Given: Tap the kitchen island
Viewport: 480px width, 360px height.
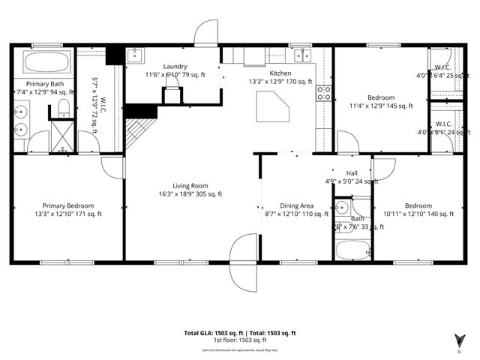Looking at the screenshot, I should pyautogui.click(x=272, y=106).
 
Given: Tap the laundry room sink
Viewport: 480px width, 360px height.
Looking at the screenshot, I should pyautogui.click(x=136, y=55).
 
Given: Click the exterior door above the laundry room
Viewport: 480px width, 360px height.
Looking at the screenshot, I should pyautogui.click(x=205, y=32).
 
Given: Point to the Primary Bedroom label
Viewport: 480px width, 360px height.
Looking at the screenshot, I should pyautogui.click(x=68, y=205).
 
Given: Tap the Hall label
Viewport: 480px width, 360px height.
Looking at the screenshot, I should pyautogui.click(x=351, y=172).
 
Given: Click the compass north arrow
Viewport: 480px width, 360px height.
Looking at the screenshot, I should pyautogui.click(x=458, y=340).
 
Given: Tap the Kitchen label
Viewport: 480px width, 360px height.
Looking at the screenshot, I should pyautogui.click(x=270, y=73).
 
